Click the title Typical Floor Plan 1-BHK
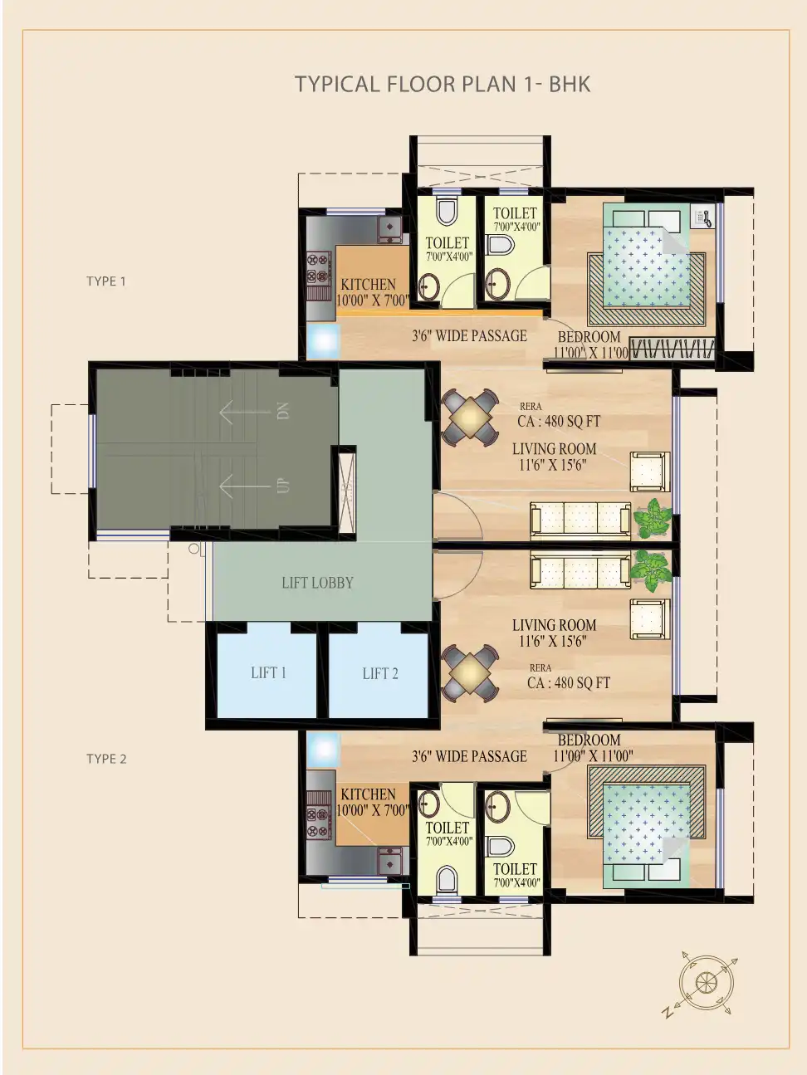pyautogui.click(x=443, y=84)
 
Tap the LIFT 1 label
pyautogui.click(x=268, y=673)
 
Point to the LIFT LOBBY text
pyautogui.click(x=317, y=583)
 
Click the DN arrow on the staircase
pyautogui.click(x=245, y=412)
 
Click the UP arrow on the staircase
pyautogui.click(x=245, y=486)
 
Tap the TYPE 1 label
pyautogui.click(x=105, y=281)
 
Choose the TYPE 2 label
pyautogui.click(x=106, y=759)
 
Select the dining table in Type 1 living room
pyautogui.click(x=470, y=418)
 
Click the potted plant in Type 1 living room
pyautogui.click(x=652, y=518)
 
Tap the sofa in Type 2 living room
pyautogui.click(x=580, y=569)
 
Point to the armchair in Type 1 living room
pyautogui.click(x=650, y=472)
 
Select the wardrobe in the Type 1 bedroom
pyautogui.click(x=672, y=349)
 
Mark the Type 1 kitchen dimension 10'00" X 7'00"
pyautogui.click(x=372, y=301)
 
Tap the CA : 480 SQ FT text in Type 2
pyautogui.click(x=569, y=682)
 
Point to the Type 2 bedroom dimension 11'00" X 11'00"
pyautogui.click(x=593, y=755)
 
